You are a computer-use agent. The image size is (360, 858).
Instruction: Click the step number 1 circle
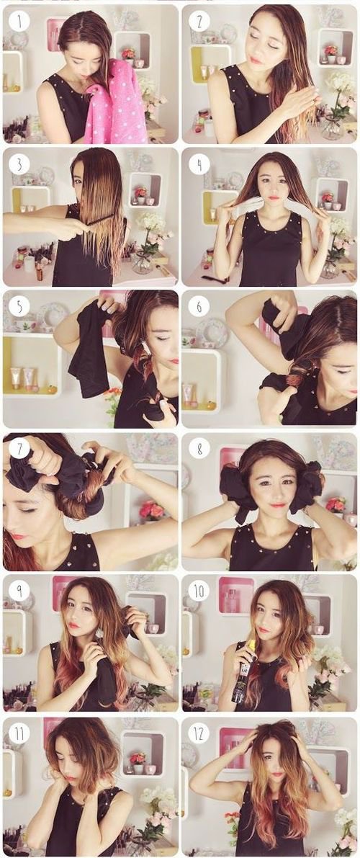19,21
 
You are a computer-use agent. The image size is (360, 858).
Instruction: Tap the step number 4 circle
199,164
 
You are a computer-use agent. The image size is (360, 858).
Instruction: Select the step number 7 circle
19,450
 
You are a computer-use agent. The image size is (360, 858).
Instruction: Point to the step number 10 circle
199,591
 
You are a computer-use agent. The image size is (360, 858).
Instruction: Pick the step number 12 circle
199,734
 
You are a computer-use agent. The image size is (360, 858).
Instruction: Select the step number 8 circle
199,450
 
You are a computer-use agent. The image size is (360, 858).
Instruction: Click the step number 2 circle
199,21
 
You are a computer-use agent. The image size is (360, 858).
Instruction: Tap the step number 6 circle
199,307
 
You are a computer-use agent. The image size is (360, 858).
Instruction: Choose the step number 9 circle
19,591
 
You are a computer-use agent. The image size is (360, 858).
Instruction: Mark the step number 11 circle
19,734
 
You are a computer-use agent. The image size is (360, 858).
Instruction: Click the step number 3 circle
19,164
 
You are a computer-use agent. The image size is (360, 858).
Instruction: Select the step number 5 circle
19,307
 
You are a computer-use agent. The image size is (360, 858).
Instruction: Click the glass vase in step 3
143,262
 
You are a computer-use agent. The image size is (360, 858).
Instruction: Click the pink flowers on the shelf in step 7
151,511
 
